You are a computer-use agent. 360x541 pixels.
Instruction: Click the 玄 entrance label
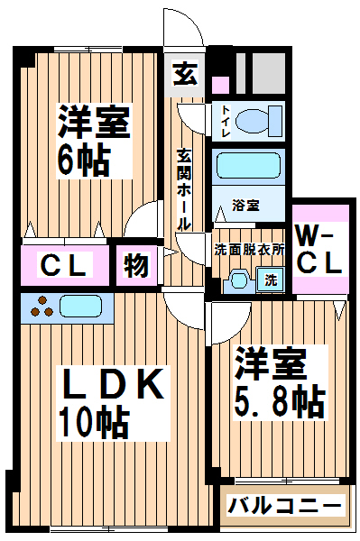(x=185, y=73)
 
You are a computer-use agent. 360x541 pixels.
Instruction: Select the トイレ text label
(x=226, y=121)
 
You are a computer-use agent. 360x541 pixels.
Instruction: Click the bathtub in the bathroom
(x=248, y=165)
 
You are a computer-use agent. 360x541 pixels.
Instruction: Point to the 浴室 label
(x=245, y=206)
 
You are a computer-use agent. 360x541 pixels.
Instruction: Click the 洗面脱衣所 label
(x=249, y=250)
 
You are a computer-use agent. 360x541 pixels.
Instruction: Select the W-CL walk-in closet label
(x=318, y=253)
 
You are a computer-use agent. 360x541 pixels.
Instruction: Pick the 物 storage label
(x=136, y=265)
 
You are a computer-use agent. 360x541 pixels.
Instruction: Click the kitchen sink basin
(x=81, y=307)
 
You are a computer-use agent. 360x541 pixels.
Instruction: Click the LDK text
(x=112, y=384)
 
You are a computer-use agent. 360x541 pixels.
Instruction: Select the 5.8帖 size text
(x=279, y=403)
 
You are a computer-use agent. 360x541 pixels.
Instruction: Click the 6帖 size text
(x=84, y=160)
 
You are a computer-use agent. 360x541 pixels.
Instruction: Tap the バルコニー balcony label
(x=283, y=506)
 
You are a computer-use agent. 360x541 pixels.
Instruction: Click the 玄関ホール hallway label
(x=184, y=189)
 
